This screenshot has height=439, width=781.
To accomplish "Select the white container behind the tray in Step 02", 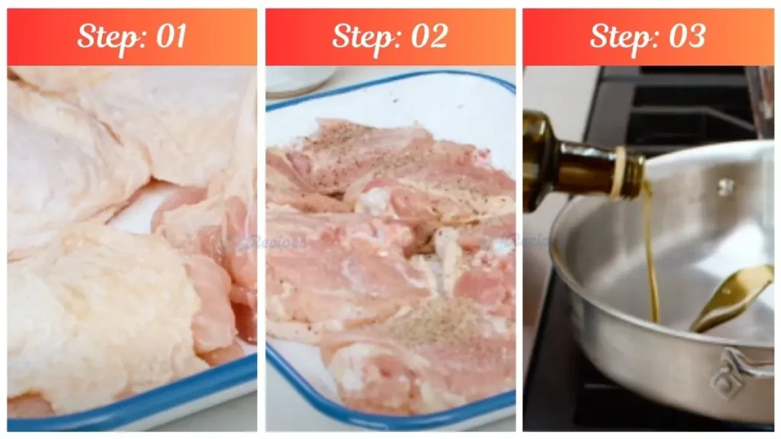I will click(301, 79).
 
